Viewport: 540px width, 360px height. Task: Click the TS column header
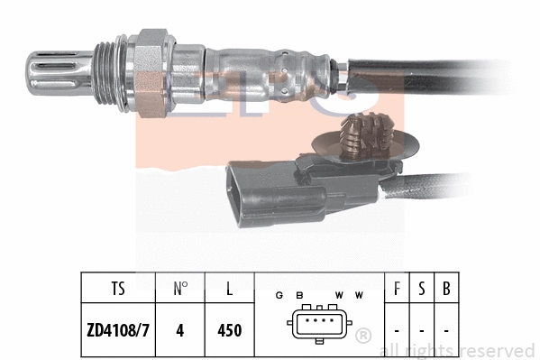pos(118,291)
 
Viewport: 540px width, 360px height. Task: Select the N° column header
pos(180,291)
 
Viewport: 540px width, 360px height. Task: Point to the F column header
pos(398,291)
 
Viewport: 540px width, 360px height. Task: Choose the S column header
pos(421,291)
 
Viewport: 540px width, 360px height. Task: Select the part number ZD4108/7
pos(118,330)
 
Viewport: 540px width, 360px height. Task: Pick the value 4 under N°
pos(180,330)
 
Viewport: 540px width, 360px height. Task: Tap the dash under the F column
pos(398,330)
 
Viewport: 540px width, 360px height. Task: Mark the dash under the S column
pos(421,330)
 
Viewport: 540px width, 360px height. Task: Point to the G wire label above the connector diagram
pos(279,295)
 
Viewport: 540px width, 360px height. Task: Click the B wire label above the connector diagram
pos(298,295)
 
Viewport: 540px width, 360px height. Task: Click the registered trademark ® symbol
pos(362,336)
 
